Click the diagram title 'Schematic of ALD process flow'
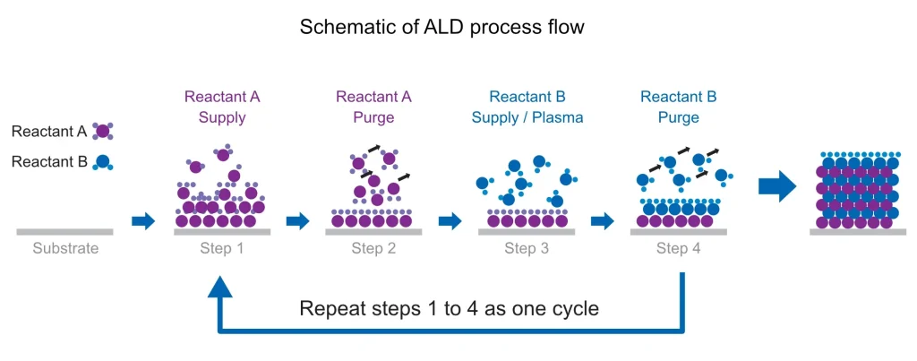[x=442, y=26]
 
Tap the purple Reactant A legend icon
[x=102, y=132]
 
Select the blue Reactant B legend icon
[x=102, y=162]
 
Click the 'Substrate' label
[x=65, y=249]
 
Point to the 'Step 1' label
[x=222, y=249]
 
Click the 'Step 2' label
[x=373, y=249]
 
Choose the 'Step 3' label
[x=527, y=249]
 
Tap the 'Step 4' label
[x=679, y=249]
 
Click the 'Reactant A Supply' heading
[x=222, y=107]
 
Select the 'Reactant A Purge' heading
[x=373, y=107]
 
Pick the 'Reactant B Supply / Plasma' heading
[x=527, y=107]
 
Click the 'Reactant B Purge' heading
[x=679, y=107]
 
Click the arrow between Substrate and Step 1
[x=143, y=221]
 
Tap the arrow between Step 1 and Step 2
[x=297, y=221]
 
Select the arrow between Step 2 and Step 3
[x=450, y=221]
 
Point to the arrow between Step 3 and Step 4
[x=603, y=221]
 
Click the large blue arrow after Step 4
[x=777, y=186]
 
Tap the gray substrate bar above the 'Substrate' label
[x=64, y=232]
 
